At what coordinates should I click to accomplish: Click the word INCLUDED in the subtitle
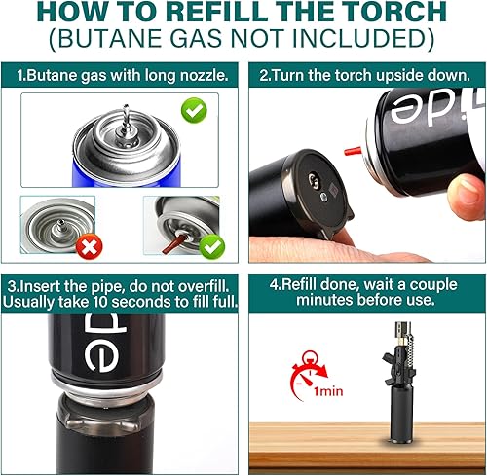coord(359,38)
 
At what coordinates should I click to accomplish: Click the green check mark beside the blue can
coord(194,111)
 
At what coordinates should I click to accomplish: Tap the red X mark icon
coord(89,246)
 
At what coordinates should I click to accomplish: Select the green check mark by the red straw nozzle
coord(211,247)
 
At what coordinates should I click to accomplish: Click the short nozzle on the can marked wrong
coord(60,225)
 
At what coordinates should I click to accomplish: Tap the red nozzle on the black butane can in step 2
coord(353,151)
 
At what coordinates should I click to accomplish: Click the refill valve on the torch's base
coord(314,179)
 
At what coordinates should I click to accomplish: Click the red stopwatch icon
coord(309,375)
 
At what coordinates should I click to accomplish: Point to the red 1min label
coord(328,391)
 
